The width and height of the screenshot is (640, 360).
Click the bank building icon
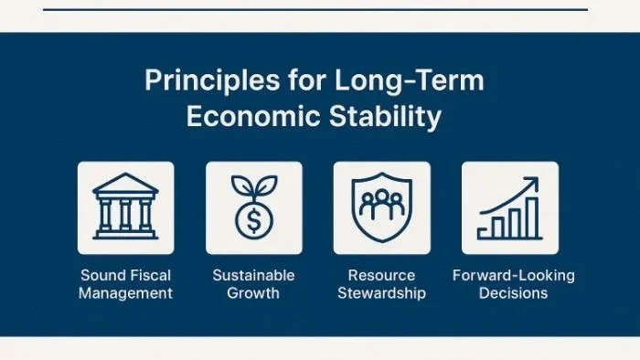click(125, 208)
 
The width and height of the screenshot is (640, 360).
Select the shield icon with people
click(381, 208)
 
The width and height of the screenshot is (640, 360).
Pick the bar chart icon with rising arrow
click(509, 208)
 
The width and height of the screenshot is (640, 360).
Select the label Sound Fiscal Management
click(125, 284)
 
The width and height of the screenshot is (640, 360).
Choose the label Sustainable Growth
click(253, 284)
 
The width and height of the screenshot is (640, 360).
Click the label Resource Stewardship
click(381, 284)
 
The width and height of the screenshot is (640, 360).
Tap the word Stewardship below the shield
click(381, 293)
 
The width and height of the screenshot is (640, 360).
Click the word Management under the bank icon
click(125, 293)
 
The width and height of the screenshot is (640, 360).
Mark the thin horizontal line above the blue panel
click(315, 9)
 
